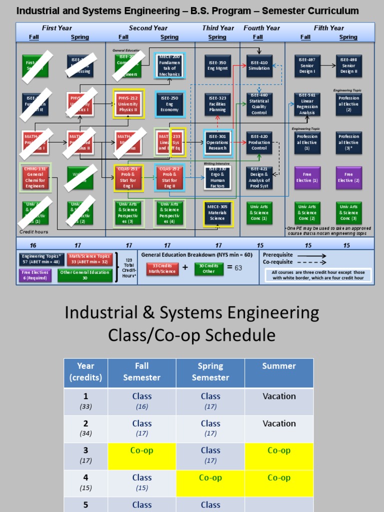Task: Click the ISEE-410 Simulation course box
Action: click(258, 65)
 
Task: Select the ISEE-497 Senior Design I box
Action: click(307, 65)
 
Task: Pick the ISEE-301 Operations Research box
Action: click(217, 142)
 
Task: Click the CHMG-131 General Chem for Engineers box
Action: click(35, 177)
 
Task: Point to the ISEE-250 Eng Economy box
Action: click(169, 103)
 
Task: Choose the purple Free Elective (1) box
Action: click(307, 177)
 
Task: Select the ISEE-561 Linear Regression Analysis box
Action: click(307, 104)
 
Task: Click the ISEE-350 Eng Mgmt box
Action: click(217, 65)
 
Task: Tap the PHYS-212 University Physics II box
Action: click(128, 103)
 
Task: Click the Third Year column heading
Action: click(218, 28)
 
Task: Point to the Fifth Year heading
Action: click(328, 28)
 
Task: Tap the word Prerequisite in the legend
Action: click(279, 254)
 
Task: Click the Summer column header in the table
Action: click(279, 366)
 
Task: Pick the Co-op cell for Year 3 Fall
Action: click(142, 450)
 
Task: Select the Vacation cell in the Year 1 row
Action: click(279, 396)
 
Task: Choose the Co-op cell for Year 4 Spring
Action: click(210, 477)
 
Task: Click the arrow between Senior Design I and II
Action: click(327, 65)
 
